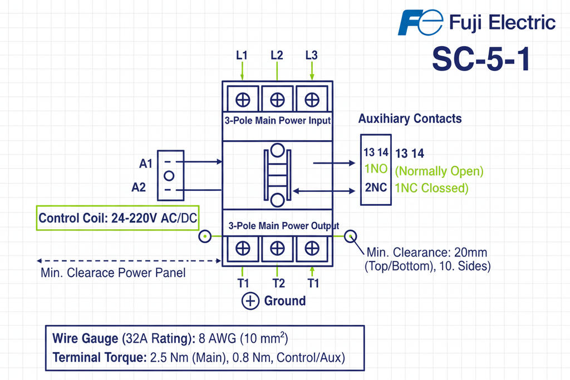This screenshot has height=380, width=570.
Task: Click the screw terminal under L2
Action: pos(277,100)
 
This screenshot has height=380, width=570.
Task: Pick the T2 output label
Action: pos(278,283)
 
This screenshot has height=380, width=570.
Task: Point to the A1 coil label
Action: pos(146,164)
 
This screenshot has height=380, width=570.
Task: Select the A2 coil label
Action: pos(139,187)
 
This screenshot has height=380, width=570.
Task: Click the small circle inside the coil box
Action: pos(169,176)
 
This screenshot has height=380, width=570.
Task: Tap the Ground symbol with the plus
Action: pos(251,301)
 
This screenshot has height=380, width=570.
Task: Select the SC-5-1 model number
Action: pos(480,59)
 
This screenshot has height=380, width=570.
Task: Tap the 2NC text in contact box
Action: pos(376,187)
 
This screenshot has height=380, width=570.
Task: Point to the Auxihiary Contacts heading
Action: pos(410,119)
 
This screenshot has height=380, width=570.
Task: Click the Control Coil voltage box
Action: pos(117,219)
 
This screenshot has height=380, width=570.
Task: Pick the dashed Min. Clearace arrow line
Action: pos(128,260)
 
